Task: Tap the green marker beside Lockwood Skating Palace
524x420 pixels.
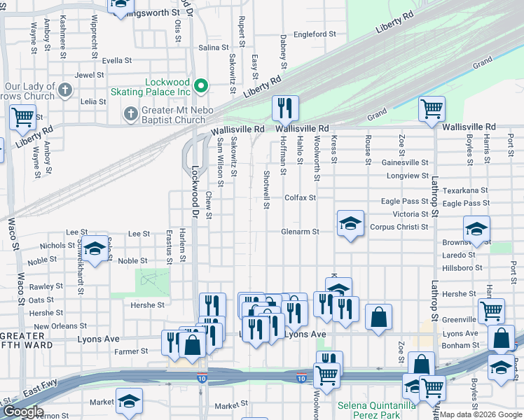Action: pos(201,87)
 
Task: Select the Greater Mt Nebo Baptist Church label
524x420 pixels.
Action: pos(171,114)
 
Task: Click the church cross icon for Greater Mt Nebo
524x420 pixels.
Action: pos(130,113)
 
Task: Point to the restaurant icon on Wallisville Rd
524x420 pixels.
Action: pos(285,108)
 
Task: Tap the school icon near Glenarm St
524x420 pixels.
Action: pos(350,224)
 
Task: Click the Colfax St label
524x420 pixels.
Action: pos(300,198)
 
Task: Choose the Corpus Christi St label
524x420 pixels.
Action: pos(399,227)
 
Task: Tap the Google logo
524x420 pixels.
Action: pos(22,412)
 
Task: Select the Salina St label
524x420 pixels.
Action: pos(214,48)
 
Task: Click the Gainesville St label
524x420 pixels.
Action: pos(405,162)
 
